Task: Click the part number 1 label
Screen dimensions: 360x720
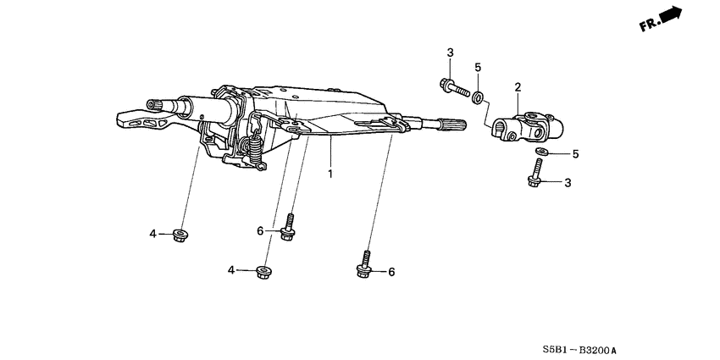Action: (331, 174)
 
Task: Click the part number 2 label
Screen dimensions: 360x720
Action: (517, 86)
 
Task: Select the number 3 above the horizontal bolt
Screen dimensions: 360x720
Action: (449, 53)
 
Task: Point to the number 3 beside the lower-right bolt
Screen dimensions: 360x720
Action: (568, 182)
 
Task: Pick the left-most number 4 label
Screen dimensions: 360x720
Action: (154, 234)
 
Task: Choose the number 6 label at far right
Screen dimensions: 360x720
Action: (391, 272)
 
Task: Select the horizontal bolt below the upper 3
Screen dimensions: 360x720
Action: (454, 86)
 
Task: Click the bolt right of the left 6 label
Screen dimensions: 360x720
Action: (288, 229)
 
